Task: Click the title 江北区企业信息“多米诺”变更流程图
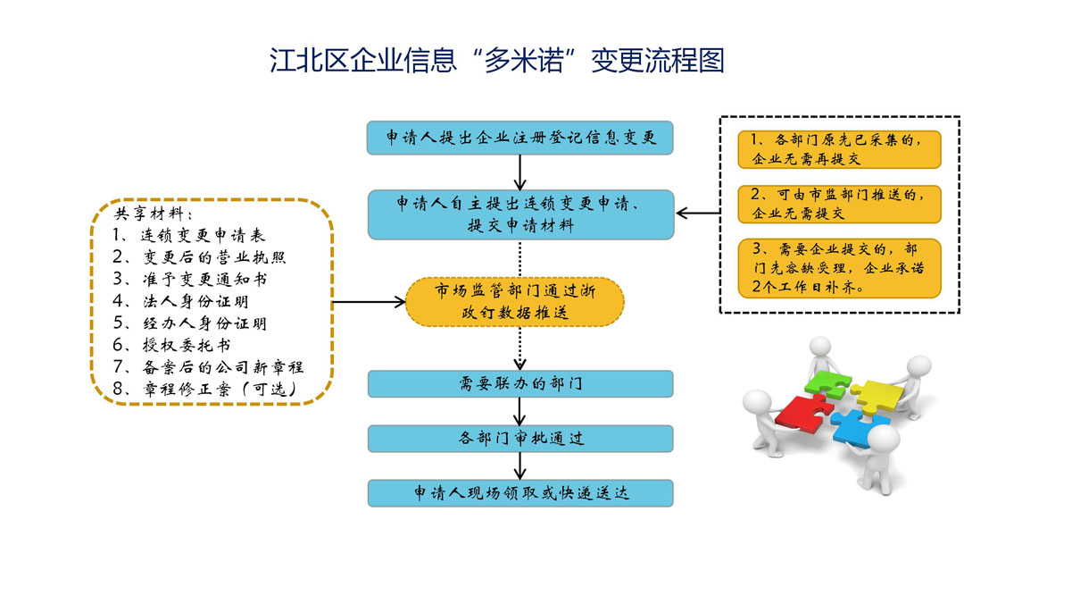(497, 61)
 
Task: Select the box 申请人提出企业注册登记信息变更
(520, 138)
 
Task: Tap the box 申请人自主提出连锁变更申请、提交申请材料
(520, 214)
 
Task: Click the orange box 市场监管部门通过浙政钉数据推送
(515, 301)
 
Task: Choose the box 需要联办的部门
(520, 384)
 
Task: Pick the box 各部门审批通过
(520, 439)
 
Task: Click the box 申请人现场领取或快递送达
(520, 493)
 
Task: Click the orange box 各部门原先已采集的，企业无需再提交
(839, 149)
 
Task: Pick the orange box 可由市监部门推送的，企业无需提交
(839, 204)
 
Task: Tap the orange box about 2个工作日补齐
(839, 268)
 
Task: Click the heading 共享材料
(153, 214)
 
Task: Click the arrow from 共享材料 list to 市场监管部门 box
(370, 302)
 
